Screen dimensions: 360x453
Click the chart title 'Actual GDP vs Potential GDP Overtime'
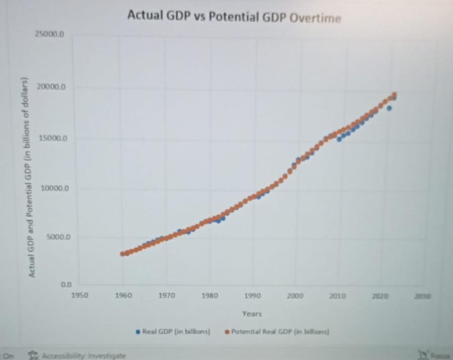[234, 17]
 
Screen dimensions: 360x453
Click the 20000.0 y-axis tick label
[51, 87]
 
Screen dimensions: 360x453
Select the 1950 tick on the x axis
[80, 296]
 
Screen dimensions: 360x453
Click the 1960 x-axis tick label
[123, 296]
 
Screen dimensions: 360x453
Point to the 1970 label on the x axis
[167, 296]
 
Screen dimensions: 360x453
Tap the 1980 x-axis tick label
[210, 296]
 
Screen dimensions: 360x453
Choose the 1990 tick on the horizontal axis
[252, 296]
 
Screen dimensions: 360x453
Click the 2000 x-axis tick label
[295, 296]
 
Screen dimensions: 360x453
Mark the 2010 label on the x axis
[337, 296]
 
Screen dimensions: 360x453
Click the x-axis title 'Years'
[251, 314]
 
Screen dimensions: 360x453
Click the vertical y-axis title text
[31, 176]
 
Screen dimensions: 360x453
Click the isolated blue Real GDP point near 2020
[389, 108]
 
